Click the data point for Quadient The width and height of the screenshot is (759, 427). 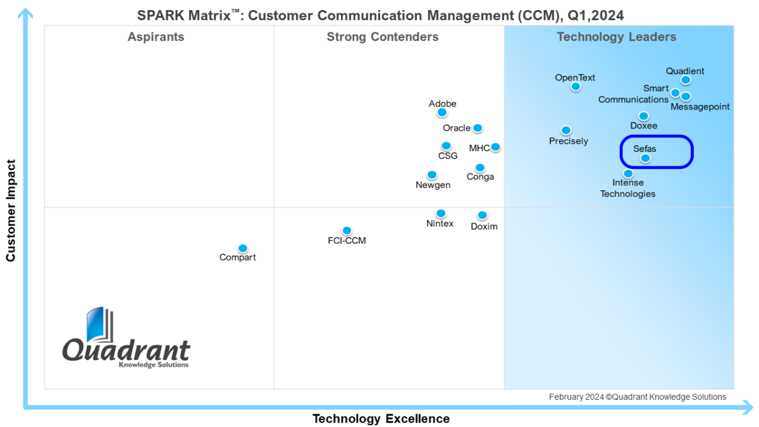(686, 80)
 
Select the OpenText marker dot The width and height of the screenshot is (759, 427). (576, 87)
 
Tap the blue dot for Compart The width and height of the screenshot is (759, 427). (242, 249)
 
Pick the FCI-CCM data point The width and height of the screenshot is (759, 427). (347, 230)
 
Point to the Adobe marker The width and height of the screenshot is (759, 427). (442, 113)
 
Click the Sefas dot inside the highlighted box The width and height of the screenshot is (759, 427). (645, 158)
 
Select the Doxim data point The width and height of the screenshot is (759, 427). (482, 215)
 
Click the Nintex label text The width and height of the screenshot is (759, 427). (440, 224)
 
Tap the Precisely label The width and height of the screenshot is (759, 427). (569, 141)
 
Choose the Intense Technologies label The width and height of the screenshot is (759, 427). (627, 189)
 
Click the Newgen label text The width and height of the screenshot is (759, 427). (433, 185)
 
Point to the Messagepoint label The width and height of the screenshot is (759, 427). (700, 107)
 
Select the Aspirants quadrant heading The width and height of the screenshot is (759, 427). (156, 37)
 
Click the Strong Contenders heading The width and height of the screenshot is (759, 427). (382, 37)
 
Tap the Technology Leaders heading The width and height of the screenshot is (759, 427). (616, 37)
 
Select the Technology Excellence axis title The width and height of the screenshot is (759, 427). (381, 419)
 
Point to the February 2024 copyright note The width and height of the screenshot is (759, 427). (637, 397)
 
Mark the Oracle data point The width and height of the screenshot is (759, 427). (478, 128)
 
